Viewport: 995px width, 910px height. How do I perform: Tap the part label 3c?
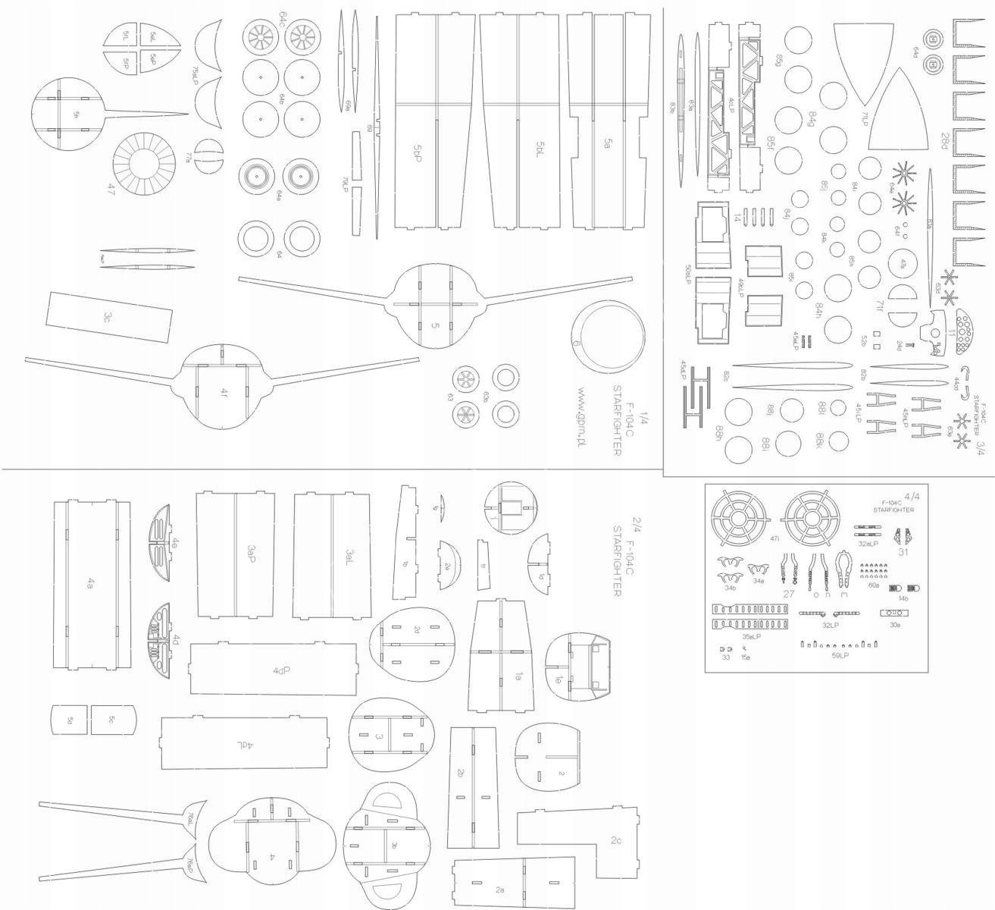[x=109, y=317]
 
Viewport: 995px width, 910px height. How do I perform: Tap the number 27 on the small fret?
[x=788, y=594]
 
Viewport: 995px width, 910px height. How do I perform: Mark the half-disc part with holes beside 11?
[x=968, y=332]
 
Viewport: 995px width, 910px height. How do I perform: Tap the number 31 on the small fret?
[x=903, y=552]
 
